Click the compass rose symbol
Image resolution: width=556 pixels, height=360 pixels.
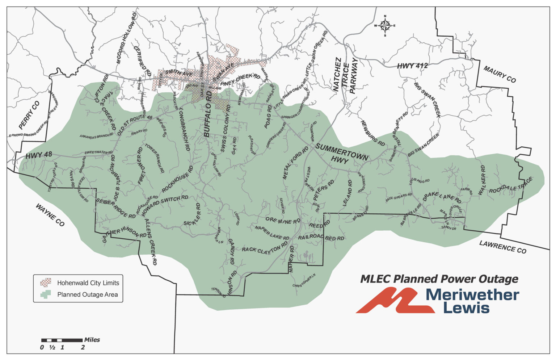coord(385,25)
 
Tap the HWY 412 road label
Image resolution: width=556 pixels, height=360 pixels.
coord(412,66)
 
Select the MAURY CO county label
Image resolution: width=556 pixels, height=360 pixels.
coord(500,74)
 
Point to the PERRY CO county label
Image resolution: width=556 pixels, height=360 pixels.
coord(29,115)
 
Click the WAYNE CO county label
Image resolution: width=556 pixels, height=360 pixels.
coord(50,215)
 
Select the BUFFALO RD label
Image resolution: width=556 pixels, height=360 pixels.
coord(208,114)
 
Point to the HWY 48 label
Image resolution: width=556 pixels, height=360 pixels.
coord(39,155)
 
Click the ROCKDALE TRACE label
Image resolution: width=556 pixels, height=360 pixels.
coord(511,186)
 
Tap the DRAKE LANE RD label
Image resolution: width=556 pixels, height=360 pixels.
coord(442,198)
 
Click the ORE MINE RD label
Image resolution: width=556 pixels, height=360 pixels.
coord(283,221)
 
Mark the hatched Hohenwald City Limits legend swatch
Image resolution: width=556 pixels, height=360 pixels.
coord(46,282)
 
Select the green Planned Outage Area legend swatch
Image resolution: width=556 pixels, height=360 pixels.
coord(46,294)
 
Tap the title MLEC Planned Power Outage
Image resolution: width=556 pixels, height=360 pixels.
coord(439,279)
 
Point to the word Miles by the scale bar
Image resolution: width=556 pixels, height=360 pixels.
coord(92,340)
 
